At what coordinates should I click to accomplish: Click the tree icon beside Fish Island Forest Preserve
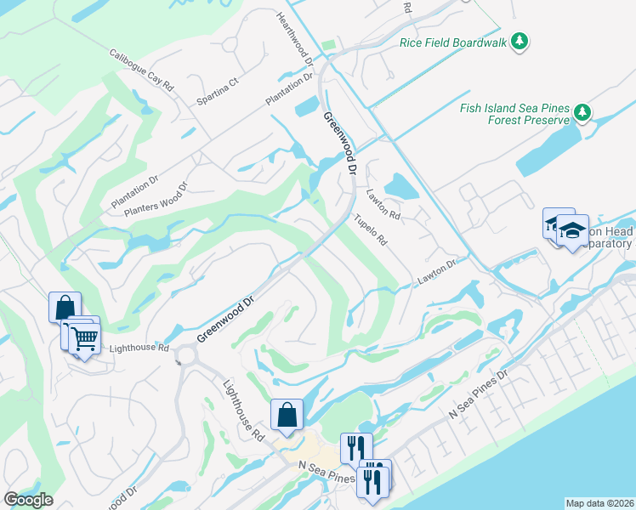pyautogui.click(x=582, y=112)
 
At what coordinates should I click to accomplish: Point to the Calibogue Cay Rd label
pyautogui.click(x=141, y=70)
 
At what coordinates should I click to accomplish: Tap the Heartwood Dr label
pyautogui.click(x=295, y=40)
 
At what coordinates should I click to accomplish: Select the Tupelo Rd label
pyautogui.click(x=371, y=229)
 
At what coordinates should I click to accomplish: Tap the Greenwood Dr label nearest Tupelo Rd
pyautogui.click(x=338, y=144)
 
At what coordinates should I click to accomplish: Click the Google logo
pyautogui.click(x=28, y=500)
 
